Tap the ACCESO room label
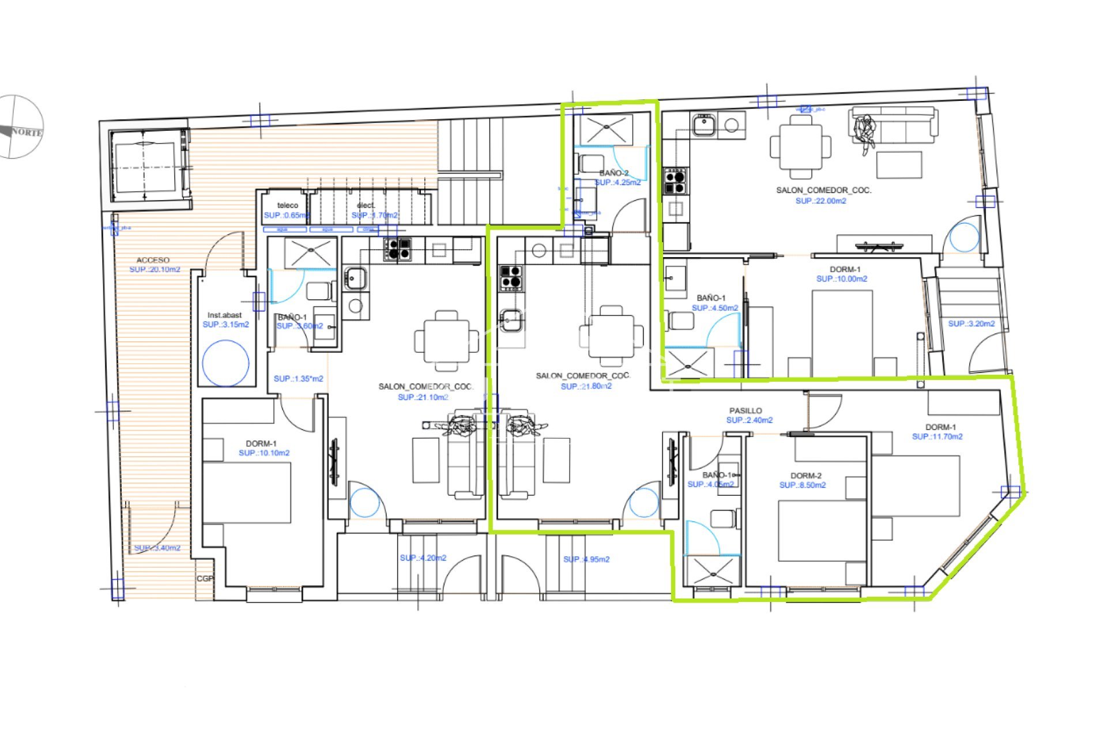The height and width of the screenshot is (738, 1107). pyautogui.click(x=153, y=260)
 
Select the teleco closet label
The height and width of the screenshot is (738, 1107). pyautogui.click(x=288, y=205)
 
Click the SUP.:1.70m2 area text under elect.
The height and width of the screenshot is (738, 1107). pyautogui.click(x=374, y=215)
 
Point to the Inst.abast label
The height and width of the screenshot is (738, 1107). pyautogui.click(x=224, y=315)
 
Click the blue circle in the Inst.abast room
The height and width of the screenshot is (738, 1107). pyautogui.click(x=226, y=363)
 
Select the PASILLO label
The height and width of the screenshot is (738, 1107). pyautogui.click(x=745, y=411)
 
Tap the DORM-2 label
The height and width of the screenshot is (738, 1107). pyautogui.click(x=805, y=476)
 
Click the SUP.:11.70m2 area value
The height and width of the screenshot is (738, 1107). pyautogui.click(x=937, y=436)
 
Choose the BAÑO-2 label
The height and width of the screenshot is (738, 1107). pyautogui.click(x=613, y=173)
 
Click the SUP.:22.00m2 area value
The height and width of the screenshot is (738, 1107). pyautogui.click(x=820, y=201)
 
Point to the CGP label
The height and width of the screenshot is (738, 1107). pyautogui.click(x=205, y=578)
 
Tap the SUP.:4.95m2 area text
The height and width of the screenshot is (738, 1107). pyautogui.click(x=586, y=559)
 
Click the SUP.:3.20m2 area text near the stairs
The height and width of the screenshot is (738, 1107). pyautogui.click(x=971, y=323)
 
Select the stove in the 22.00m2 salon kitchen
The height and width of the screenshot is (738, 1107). pyautogui.click(x=675, y=181)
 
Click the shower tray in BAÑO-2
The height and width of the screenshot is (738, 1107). pyautogui.click(x=607, y=129)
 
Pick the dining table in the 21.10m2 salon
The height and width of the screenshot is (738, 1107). pyautogui.click(x=446, y=340)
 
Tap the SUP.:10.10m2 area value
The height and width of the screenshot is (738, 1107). pyautogui.click(x=263, y=453)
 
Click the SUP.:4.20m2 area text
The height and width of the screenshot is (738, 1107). pyautogui.click(x=423, y=558)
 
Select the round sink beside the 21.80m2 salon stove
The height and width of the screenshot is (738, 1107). pyautogui.click(x=539, y=251)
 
